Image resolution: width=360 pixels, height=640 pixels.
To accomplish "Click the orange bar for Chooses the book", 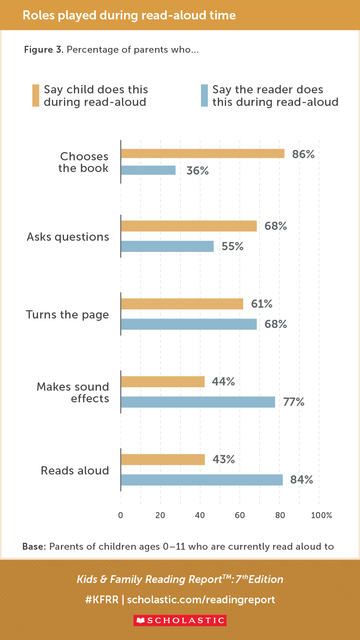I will click(202, 153).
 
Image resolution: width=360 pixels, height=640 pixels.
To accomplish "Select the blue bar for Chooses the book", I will click(148, 170).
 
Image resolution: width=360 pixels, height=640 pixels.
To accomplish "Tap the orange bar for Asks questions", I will click(189, 226).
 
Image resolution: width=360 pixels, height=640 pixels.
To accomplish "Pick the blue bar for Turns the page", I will click(189, 324).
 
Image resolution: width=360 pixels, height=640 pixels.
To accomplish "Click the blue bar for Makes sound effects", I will click(198, 402).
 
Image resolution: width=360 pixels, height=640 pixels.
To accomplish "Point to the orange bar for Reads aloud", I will click(162, 459).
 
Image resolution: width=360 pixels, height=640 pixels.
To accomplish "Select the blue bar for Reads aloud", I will click(201, 480).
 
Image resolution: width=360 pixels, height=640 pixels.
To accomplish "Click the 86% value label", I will click(303, 154).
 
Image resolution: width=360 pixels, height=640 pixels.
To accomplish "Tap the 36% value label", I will click(198, 171).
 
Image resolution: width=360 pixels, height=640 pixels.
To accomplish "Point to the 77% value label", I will click(294, 402).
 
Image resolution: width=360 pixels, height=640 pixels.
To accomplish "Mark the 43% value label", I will click(223, 459).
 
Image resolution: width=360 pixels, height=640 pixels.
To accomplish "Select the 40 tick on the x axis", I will click(200, 515).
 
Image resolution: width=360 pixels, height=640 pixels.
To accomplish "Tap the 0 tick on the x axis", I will click(121, 515).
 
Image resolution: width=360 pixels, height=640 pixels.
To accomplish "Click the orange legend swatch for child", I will click(35, 96).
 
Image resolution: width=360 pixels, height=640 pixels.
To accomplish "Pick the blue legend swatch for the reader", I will click(204, 96).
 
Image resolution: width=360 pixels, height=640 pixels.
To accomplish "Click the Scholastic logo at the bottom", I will click(180, 620).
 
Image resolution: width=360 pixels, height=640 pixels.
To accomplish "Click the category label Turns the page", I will click(67, 315).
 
